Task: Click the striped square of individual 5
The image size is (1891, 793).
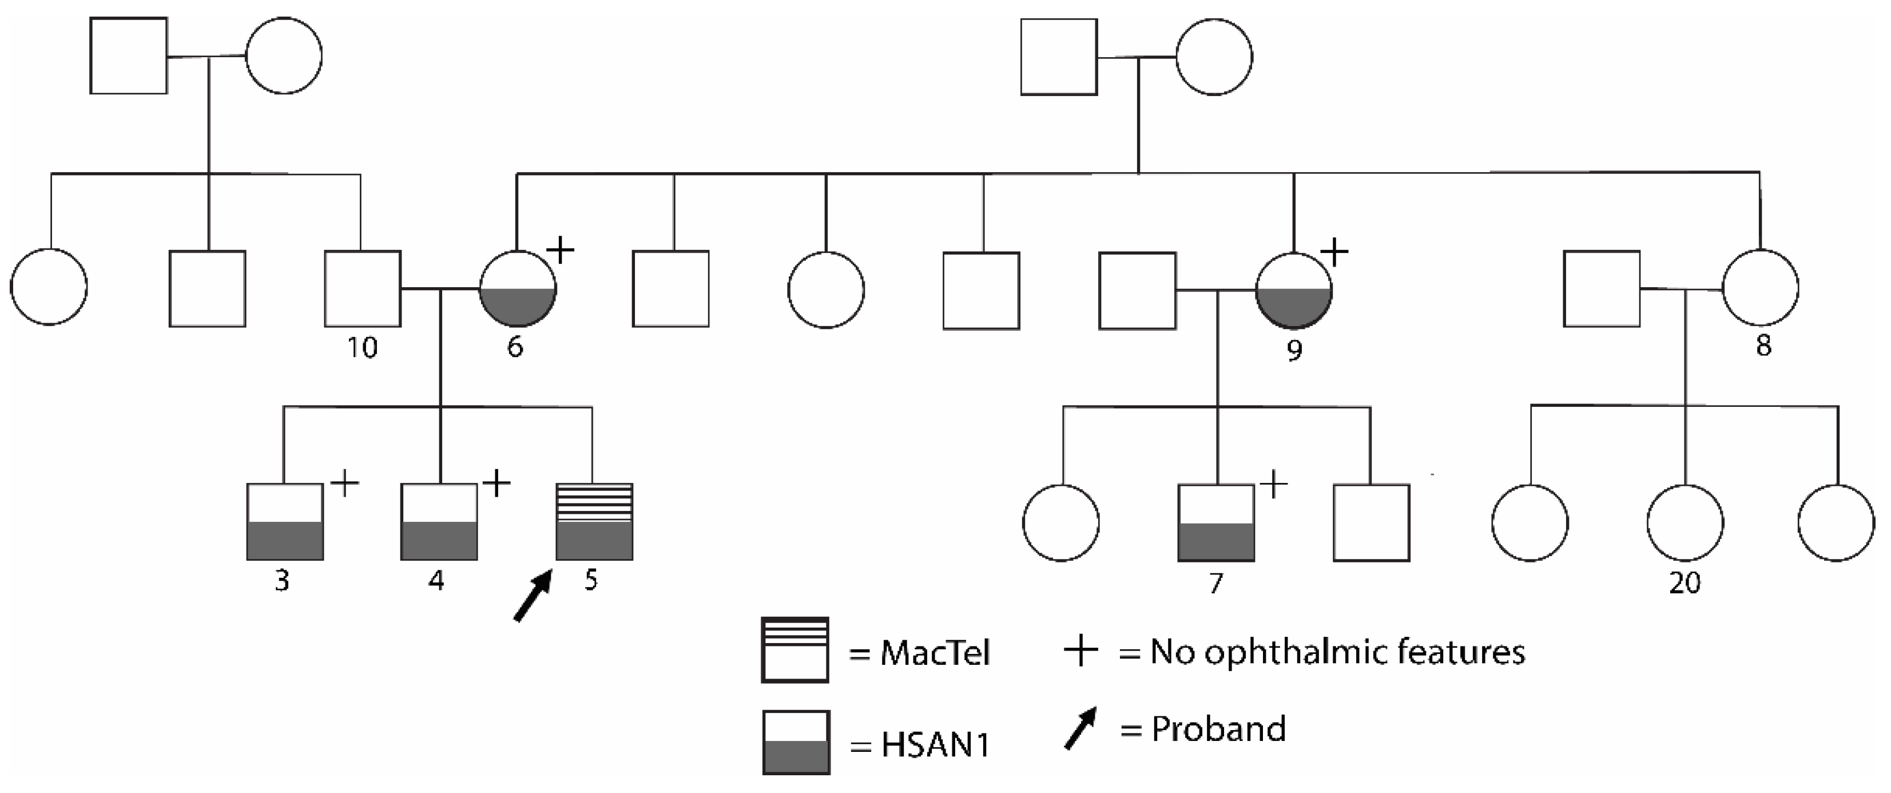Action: [594, 521]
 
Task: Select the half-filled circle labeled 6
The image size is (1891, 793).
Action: [518, 288]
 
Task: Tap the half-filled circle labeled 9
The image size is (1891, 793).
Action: [1293, 290]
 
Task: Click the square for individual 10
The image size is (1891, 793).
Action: [363, 288]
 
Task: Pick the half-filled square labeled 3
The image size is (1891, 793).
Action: [285, 521]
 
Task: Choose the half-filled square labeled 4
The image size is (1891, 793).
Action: [439, 521]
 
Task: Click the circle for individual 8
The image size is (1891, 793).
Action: [1761, 287]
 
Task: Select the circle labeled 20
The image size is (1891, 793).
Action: [1685, 523]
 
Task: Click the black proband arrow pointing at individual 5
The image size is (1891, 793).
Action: [532, 597]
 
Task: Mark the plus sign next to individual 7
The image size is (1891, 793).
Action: [1274, 485]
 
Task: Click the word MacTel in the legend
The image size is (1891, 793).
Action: [935, 653]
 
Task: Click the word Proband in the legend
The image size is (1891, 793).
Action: [1218, 729]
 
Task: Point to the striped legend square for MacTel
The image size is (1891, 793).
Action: [795, 650]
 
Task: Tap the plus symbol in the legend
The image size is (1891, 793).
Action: [1080, 651]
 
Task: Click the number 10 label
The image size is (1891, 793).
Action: [362, 347]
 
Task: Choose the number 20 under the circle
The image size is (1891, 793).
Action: [1684, 583]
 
